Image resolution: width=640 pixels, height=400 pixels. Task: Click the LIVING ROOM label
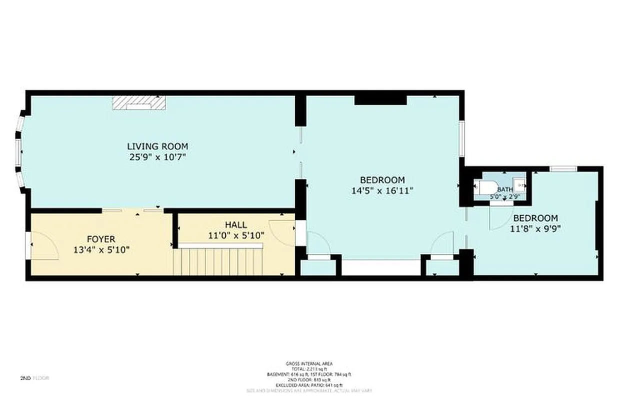pyautogui.click(x=157, y=146)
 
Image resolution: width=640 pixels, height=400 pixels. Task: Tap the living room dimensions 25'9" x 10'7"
pyautogui.click(x=157, y=157)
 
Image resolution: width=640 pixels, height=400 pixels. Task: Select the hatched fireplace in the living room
pyautogui.click(x=138, y=102)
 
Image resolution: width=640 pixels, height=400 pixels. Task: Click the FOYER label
pyautogui.click(x=101, y=239)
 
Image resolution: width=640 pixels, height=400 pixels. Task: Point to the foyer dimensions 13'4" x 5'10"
pyautogui.click(x=101, y=249)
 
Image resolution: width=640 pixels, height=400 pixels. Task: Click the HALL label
pyautogui.click(x=235, y=225)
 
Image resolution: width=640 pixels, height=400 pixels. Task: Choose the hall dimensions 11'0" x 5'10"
pyautogui.click(x=235, y=235)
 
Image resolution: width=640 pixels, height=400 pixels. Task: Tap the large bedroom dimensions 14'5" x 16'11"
pyautogui.click(x=382, y=190)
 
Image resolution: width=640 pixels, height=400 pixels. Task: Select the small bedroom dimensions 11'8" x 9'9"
pyautogui.click(x=535, y=228)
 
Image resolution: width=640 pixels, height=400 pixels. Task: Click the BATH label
pyautogui.click(x=504, y=189)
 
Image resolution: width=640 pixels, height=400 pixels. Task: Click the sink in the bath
pyautogui.click(x=520, y=185)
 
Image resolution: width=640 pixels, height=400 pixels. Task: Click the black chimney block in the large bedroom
pyautogui.click(x=380, y=100)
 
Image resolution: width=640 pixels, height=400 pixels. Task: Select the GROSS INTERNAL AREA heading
pyautogui.click(x=308, y=363)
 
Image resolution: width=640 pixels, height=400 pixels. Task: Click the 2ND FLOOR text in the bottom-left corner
pyautogui.click(x=34, y=378)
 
